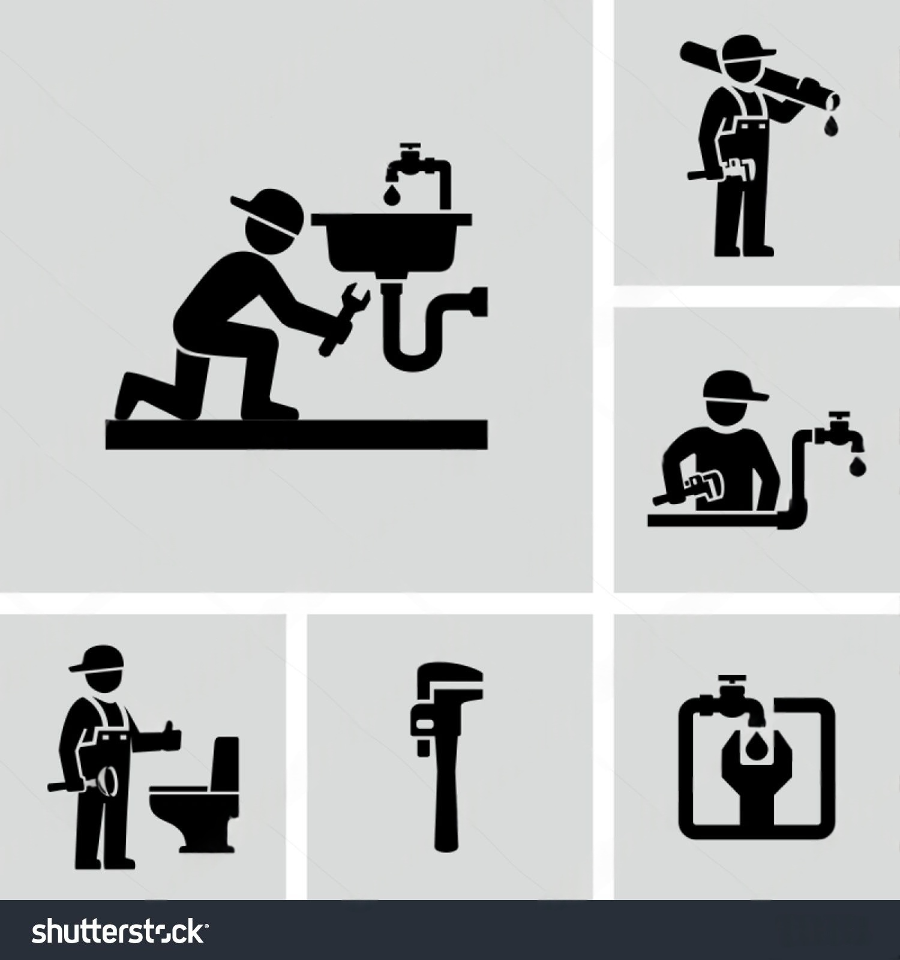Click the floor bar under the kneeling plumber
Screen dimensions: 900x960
296,434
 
